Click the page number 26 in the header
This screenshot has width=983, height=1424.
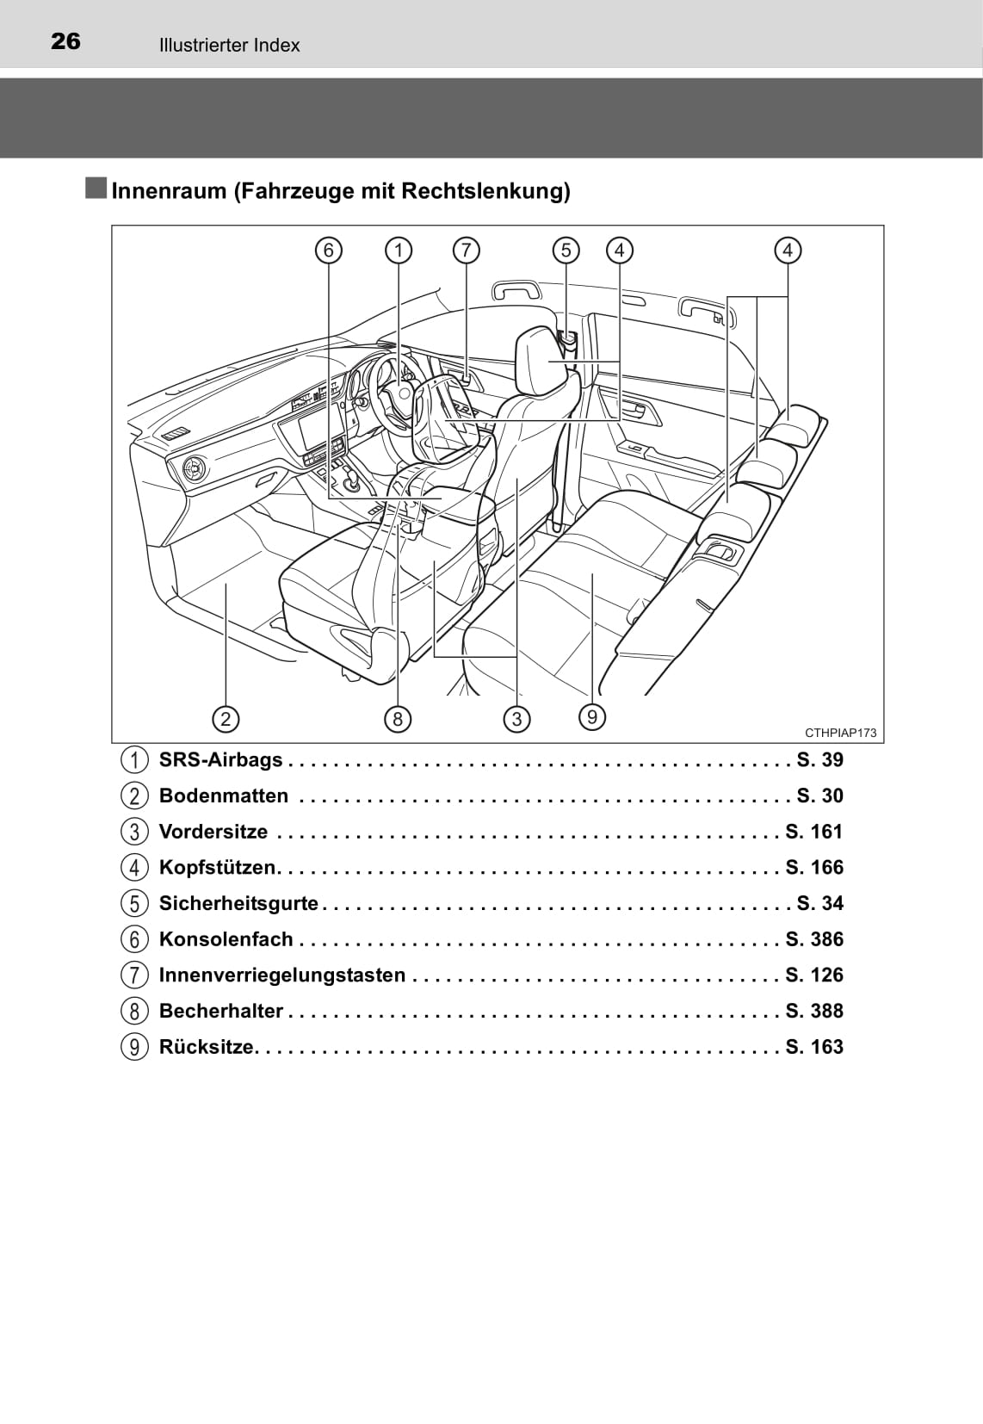(65, 41)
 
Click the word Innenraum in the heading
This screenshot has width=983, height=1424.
(169, 191)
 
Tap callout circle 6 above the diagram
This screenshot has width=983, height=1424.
(328, 251)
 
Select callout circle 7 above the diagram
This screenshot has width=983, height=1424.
(466, 251)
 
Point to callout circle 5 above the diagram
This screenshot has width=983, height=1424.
(566, 251)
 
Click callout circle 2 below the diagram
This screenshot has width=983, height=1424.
(226, 719)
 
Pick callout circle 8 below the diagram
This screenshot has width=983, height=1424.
(397, 719)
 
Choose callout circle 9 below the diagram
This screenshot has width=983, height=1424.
(592, 716)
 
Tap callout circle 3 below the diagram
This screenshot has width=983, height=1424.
(516, 719)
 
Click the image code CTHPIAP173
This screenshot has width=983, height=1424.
(840, 733)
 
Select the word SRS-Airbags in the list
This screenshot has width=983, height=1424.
(220, 760)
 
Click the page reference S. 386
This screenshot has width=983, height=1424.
(814, 939)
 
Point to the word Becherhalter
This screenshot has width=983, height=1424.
(220, 1011)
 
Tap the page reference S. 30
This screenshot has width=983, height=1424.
(819, 796)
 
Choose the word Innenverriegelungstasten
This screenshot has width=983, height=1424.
(281, 975)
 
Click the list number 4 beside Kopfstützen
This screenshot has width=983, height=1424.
(134, 868)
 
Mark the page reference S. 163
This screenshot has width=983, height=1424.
(814, 1047)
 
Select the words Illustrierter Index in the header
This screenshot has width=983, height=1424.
(229, 46)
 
